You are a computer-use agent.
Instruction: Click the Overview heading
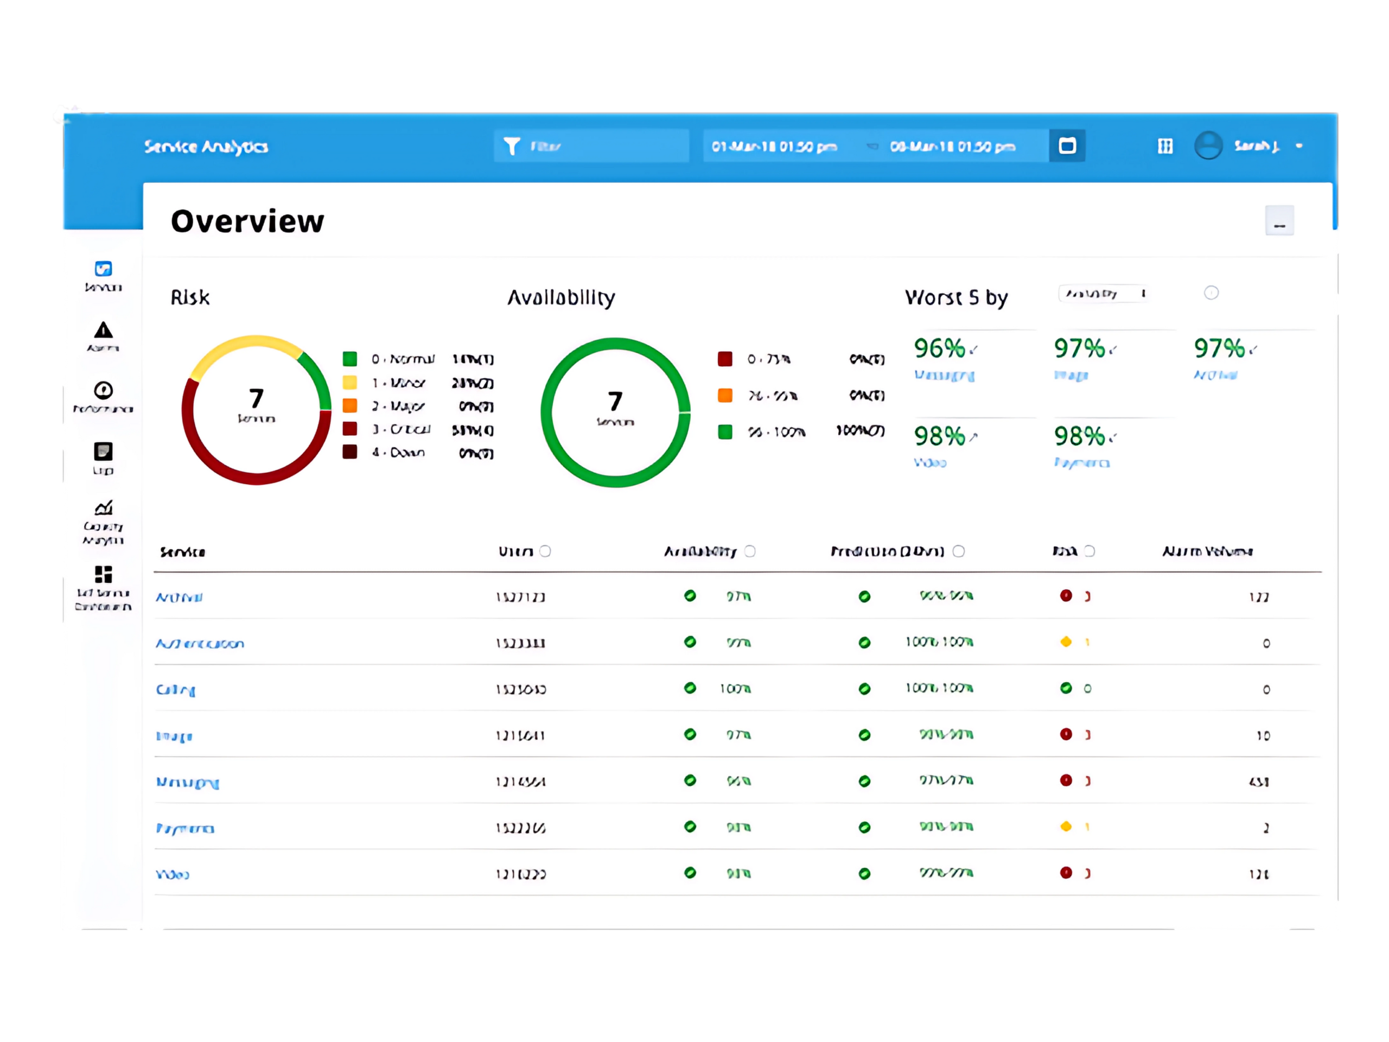click(x=247, y=221)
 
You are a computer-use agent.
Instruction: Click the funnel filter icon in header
click(x=512, y=147)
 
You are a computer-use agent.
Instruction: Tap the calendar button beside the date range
click(x=1067, y=145)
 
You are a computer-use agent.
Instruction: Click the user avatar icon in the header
click(x=1208, y=145)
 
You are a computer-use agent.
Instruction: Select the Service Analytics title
click(x=206, y=147)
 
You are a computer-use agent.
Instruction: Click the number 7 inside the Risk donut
click(x=256, y=399)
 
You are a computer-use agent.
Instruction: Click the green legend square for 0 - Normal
click(x=350, y=359)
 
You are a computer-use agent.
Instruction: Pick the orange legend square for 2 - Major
click(x=350, y=406)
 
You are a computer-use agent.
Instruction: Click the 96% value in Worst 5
click(x=939, y=348)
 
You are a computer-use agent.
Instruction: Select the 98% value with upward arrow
click(x=939, y=436)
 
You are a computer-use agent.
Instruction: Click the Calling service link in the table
click(x=175, y=689)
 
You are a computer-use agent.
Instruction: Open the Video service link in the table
click(x=172, y=874)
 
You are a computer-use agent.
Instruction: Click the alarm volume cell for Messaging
click(x=1258, y=781)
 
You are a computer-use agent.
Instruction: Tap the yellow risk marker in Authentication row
click(x=1066, y=642)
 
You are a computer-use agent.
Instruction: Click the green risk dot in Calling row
click(x=1066, y=688)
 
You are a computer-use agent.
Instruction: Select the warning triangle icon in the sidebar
click(x=103, y=331)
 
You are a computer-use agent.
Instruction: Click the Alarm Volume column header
click(x=1207, y=551)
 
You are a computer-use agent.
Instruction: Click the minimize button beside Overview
click(x=1279, y=221)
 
